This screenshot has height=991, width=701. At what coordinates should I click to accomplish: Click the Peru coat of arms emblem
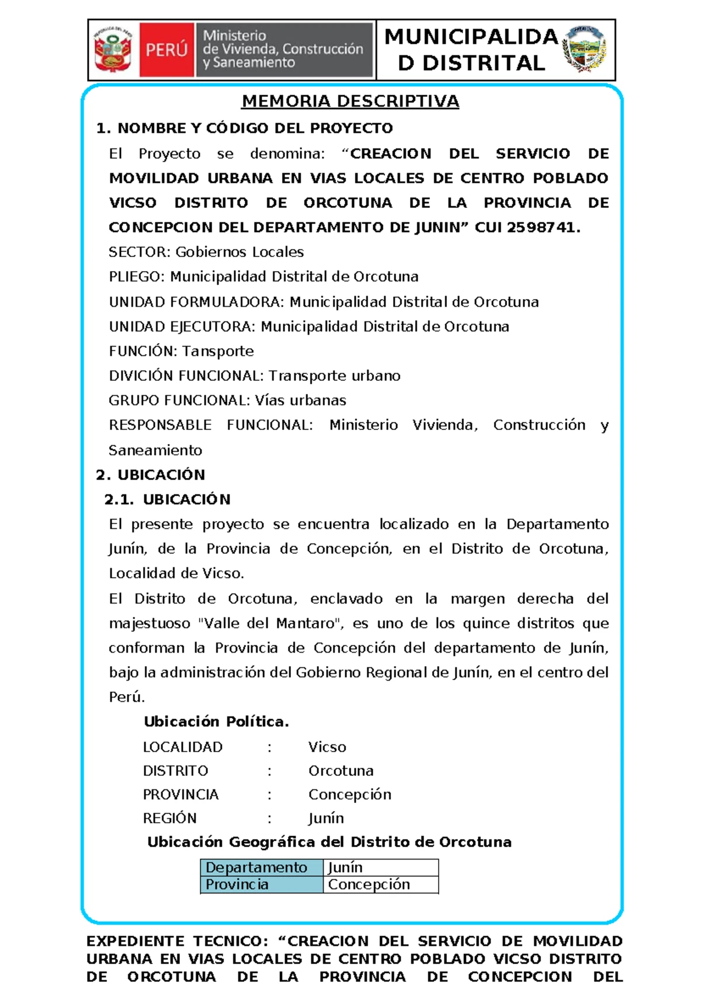point(114,50)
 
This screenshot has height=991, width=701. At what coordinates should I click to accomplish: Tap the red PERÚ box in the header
point(166,50)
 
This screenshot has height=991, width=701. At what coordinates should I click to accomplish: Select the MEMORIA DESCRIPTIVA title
point(350,101)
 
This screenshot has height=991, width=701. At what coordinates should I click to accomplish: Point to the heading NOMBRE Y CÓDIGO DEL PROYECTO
point(255,128)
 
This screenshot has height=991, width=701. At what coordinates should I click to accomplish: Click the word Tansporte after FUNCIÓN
point(218,351)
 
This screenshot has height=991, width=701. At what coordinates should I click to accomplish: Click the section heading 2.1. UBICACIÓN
point(167,499)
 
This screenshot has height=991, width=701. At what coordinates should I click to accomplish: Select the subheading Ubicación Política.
point(216,722)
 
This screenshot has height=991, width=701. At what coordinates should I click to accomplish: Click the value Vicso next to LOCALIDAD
point(327,747)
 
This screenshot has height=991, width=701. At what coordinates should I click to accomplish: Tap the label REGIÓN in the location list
point(169,818)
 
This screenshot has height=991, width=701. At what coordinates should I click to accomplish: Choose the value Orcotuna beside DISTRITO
point(341,771)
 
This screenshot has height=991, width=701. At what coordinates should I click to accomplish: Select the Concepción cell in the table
point(369,884)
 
